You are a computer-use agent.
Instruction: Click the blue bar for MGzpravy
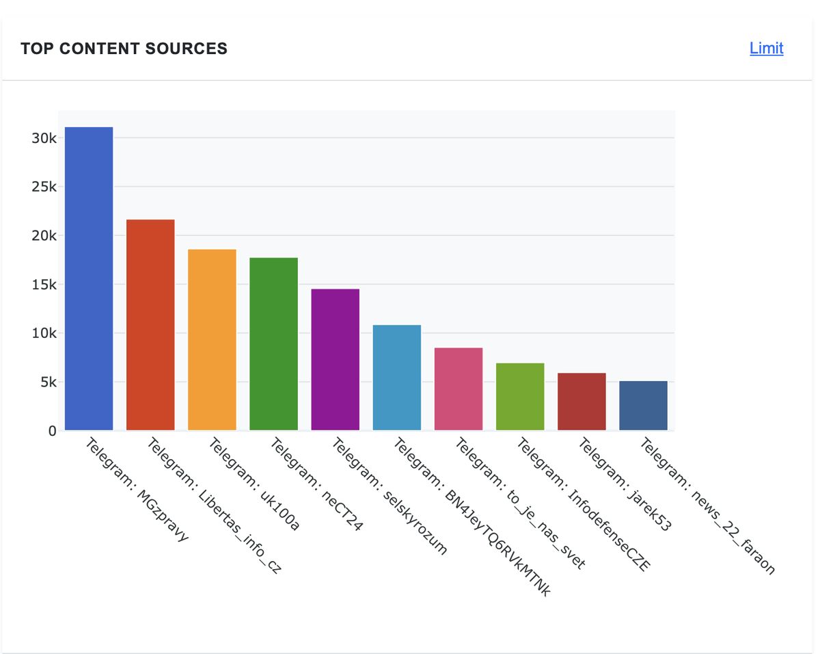89,278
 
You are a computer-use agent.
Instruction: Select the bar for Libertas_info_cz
150,325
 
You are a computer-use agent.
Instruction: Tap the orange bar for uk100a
212,340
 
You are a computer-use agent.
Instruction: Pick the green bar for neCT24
273,344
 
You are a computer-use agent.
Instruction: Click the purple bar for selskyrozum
335,360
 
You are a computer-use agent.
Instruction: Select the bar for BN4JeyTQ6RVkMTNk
396,378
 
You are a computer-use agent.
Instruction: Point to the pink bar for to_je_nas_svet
458,389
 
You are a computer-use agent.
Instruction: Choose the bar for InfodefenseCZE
520,397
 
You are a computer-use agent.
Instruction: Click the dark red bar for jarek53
582,402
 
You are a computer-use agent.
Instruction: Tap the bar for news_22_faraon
643,406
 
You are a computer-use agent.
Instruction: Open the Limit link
766,48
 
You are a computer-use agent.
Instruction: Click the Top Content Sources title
124,49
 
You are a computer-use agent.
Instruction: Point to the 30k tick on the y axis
44,138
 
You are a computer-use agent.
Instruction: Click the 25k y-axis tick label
44,187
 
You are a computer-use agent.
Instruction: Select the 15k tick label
44,285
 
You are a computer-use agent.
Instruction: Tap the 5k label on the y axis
47,382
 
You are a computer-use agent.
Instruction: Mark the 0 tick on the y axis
52,431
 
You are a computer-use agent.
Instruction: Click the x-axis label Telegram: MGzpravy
137,490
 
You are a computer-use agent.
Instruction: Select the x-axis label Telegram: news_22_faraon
707,506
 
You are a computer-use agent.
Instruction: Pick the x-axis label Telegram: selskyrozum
389,496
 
